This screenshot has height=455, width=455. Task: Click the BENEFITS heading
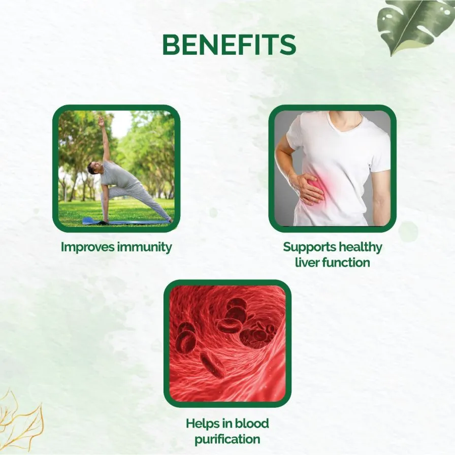229,45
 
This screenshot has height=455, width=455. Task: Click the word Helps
203,424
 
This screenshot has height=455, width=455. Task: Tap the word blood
252,423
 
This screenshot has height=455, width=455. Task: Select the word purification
227,439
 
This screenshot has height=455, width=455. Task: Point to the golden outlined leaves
20,421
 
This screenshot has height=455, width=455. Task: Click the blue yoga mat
125,222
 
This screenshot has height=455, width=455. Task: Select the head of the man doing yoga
93,168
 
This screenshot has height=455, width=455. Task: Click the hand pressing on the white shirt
308,188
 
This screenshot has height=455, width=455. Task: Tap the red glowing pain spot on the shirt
322,186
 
